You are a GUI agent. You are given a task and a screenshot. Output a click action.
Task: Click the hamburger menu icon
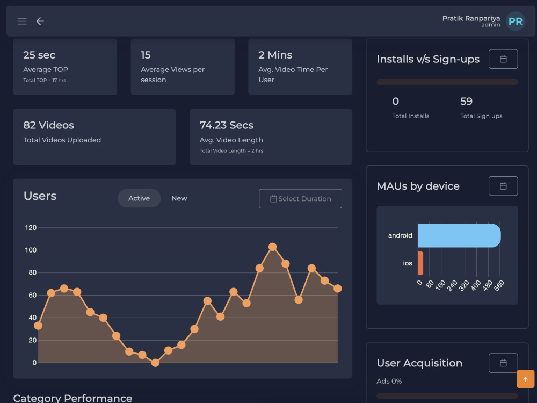[22, 21]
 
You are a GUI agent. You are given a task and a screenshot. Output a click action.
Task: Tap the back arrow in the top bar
[40, 21]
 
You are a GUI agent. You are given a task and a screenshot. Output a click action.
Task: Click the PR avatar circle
[516, 21]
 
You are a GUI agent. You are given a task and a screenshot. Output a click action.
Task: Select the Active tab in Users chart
[139, 198]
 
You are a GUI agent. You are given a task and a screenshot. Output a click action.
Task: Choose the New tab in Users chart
[179, 198]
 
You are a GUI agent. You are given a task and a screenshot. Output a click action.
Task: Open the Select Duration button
[300, 199]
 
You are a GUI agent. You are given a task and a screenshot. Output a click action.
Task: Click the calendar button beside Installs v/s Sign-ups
[503, 59]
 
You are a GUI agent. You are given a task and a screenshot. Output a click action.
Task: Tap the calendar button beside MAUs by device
[503, 186]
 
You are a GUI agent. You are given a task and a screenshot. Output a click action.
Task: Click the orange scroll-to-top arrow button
[525, 379]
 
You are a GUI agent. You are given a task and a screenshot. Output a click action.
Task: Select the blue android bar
[459, 235]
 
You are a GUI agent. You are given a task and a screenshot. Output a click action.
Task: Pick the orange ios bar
[420, 263]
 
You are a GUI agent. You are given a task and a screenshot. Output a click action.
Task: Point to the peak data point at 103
[272, 247]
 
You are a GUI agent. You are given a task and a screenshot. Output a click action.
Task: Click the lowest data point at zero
[155, 363]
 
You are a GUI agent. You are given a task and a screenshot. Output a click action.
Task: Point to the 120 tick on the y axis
[31, 228]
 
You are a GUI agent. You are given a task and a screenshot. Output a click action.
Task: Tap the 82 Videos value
[49, 125]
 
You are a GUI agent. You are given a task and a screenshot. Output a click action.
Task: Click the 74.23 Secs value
[226, 125]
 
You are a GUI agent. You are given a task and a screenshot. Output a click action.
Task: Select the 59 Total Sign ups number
[466, 102]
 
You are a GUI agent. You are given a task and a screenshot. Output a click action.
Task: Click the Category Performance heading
[72, 398]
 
